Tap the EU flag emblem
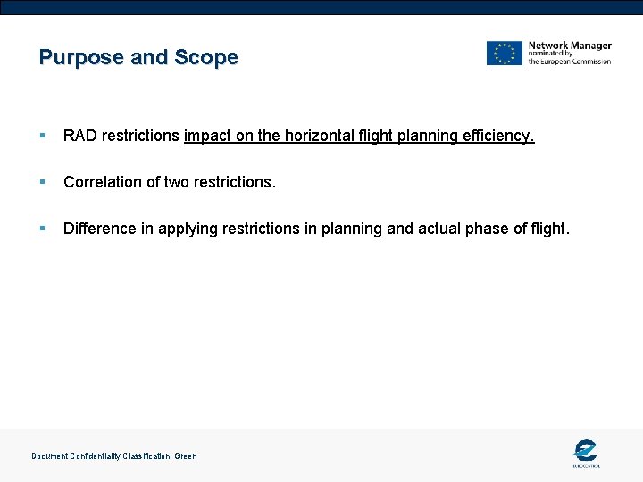tap(504, 54)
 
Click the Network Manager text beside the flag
tap(570, 46)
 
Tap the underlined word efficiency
tap(497, 136)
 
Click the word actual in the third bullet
tap(441, 229)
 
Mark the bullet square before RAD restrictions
tap(43, 137)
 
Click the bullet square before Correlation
tap(43, 183)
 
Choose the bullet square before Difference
tap(43, 229)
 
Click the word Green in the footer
tap(185, 456)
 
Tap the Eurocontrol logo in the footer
tap(586, 452)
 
